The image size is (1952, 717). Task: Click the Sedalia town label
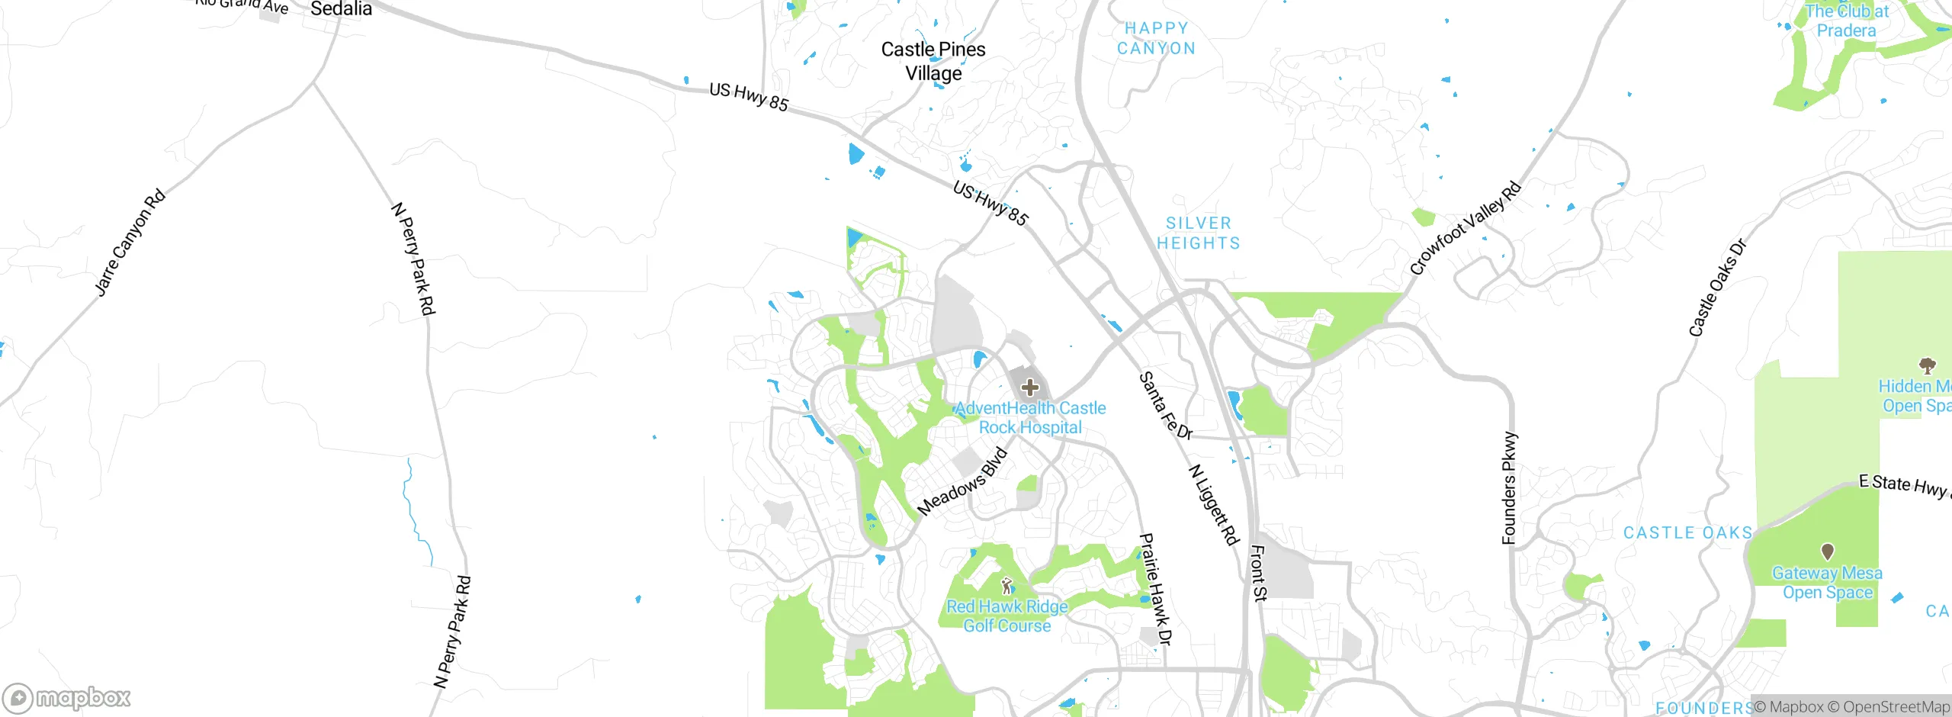[x=341, y=9]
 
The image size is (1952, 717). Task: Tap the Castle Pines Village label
[x=933, y=61]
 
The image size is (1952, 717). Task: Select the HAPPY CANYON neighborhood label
[x=1156, y=38]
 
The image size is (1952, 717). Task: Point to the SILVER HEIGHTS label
[x=1199, y=233]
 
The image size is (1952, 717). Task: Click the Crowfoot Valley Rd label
[x=1465, y=228]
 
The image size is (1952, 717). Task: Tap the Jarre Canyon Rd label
[x=130, y=242]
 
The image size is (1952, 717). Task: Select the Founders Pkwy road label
[x=1509, y=488]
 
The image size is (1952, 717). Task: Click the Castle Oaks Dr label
[x=1717, y=288]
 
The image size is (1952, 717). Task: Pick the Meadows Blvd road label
[x=962, y=483]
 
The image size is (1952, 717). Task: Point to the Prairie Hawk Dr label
[x=1154, y=589]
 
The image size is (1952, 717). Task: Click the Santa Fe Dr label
[x=1165, y=406]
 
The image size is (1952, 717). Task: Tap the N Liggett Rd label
[x=1214, y=505]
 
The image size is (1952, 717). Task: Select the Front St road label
[x=1258, y=573]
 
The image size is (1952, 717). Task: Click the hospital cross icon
[x=1029, y=387]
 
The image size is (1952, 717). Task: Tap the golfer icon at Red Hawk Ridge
[x=1007, y=586]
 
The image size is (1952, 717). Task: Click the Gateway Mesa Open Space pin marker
[x=1827, y=551]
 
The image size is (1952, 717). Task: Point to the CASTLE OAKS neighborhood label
[x=1688, y=533]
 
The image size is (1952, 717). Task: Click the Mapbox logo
[x=67, y=698]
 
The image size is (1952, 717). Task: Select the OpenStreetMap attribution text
[x=1888, y=707]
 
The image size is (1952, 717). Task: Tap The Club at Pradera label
[x=1846, y=21]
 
